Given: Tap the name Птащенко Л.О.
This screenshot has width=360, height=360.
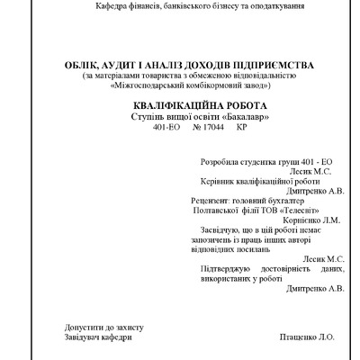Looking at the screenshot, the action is click(307, 337).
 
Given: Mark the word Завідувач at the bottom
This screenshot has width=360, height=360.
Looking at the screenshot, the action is click(60, 337).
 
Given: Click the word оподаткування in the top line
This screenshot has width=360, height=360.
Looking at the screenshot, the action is click(266, 6).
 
